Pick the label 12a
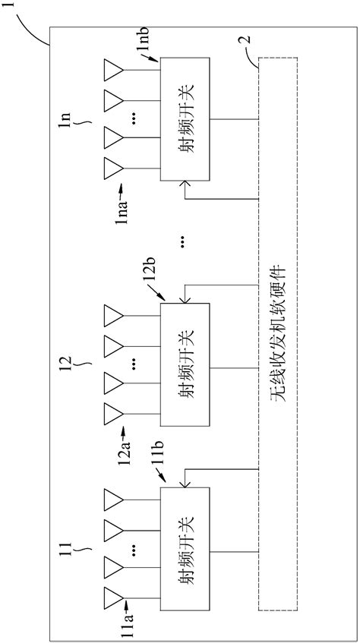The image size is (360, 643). (122, 455)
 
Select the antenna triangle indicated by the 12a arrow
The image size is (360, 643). (113, 413)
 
